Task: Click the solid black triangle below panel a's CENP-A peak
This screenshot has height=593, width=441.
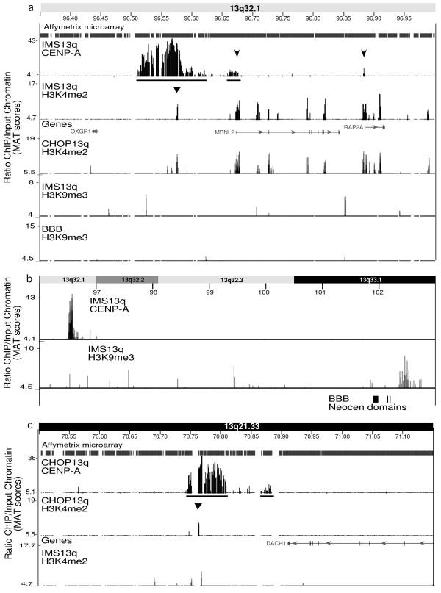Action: [177, 90]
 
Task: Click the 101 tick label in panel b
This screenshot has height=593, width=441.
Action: [320, 292]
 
